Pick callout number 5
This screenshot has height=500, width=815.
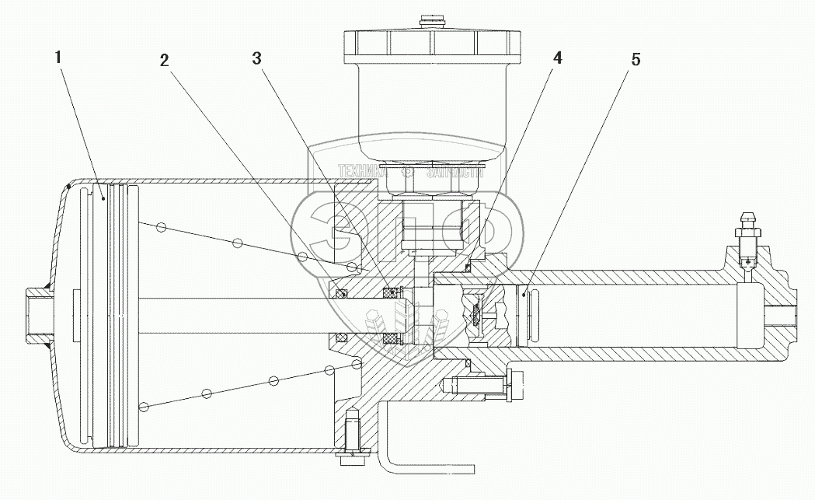point(636,60)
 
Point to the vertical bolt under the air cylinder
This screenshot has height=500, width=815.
point(350,439)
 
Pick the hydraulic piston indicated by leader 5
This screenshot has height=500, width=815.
point(522,314)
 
